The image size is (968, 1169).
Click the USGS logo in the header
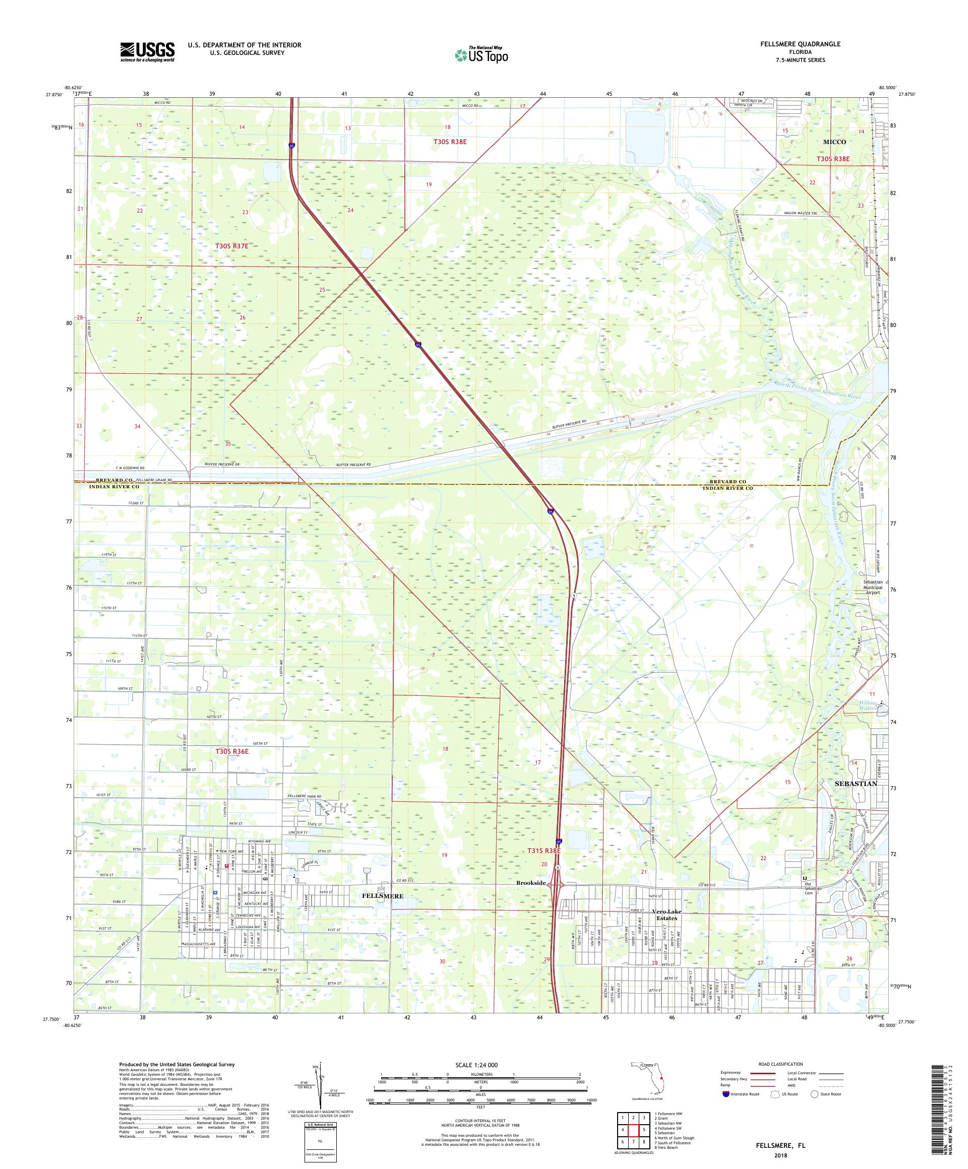click(x=148, y=52)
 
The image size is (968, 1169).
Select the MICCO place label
click(x=834, y=142)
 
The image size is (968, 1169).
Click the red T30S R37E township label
click(x=231, y=245)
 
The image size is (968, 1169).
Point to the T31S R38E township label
click(x=543, y=851)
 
